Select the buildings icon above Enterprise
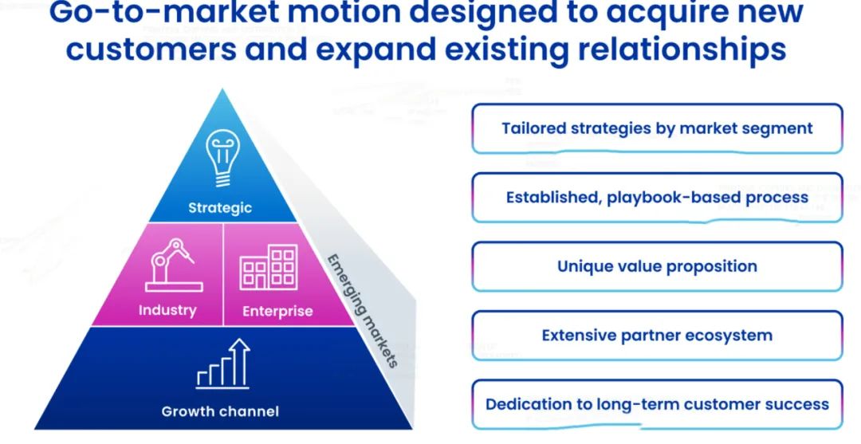[x=269, y=268]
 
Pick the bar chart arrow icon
[x=223, y=364]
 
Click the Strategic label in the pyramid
[x=220, y=208]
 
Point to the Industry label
[x=167, y=310]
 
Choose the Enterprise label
[x=277, y=311]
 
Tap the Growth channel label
[x=220, y=411]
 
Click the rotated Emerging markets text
[x=364, y=310]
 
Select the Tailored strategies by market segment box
[x=657, y=128]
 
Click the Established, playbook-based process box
[x=657, y=197]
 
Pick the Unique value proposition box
[x=657, y=266]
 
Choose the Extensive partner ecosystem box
[x=657, y=336]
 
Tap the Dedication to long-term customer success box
[x=657, y=404]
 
